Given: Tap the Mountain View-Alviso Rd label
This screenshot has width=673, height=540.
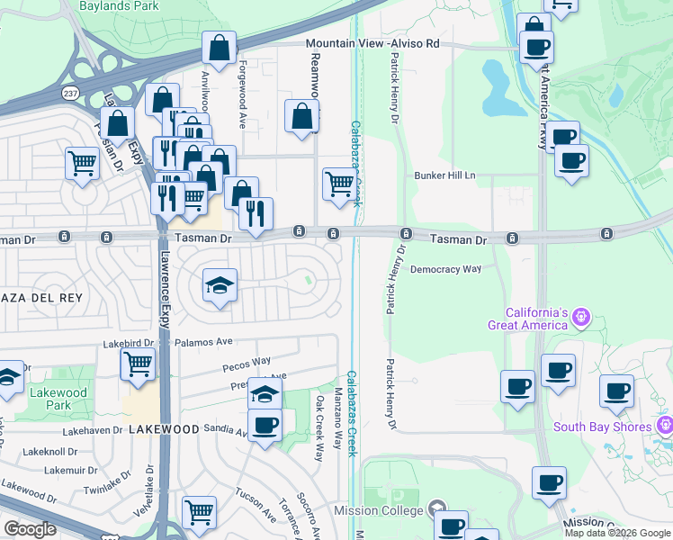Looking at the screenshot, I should click(372, 43).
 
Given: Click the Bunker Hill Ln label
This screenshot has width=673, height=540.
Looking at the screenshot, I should click(444, 175).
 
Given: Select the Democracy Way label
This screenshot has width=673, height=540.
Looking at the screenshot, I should click(445, 269).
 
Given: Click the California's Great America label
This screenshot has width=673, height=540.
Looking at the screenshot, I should click(528, 318).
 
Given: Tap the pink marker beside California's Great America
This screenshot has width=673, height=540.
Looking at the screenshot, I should click(581, 316).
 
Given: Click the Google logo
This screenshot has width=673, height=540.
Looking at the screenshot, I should click(30, 529).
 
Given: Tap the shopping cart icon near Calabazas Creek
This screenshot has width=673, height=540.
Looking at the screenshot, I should click(339, 184).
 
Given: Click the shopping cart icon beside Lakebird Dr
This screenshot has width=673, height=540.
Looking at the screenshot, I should click(137, 364).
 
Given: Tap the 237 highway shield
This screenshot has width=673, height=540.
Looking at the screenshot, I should click(70, 93).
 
